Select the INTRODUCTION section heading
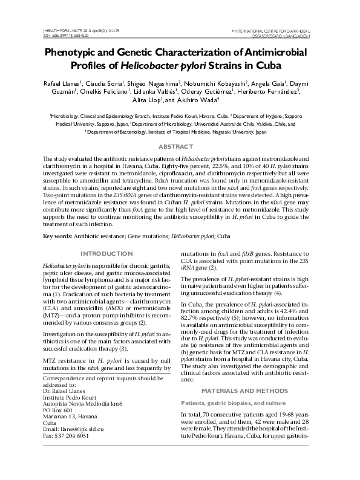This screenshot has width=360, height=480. [x=106, y=253]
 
